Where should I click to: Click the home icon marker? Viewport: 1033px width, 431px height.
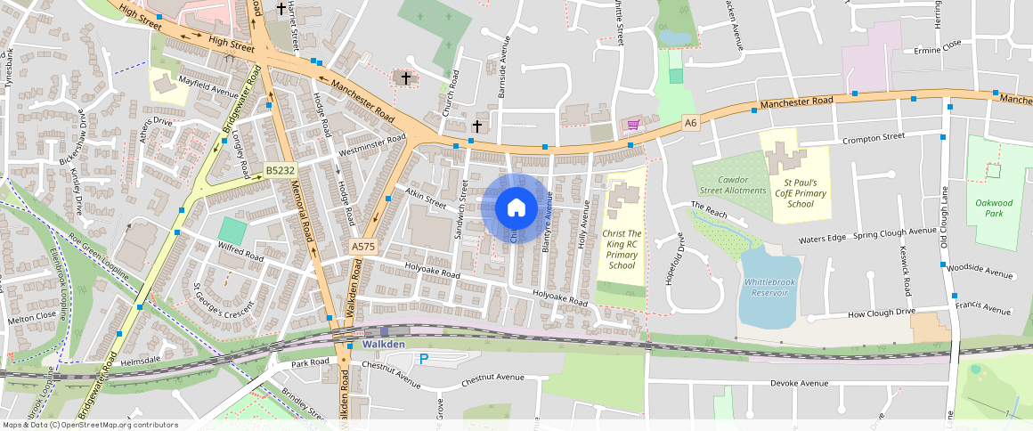[x=516, y=207]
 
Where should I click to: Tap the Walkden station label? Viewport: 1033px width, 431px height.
[x=385, y=344]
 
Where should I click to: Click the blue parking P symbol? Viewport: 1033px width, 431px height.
[x=424, y=359]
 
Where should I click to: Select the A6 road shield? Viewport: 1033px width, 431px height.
[x=690, y=124]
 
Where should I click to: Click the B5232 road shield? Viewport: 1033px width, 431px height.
[x=280, y=169]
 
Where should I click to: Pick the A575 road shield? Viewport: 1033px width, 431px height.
[x=363, y=246]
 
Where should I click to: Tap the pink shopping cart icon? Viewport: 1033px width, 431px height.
[x=633, y=124]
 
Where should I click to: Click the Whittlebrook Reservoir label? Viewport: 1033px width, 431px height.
[x=767, y=287]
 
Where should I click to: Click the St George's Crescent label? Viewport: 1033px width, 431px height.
[x=224, y=301]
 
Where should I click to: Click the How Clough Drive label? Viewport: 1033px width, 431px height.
[x=881, y=313]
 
